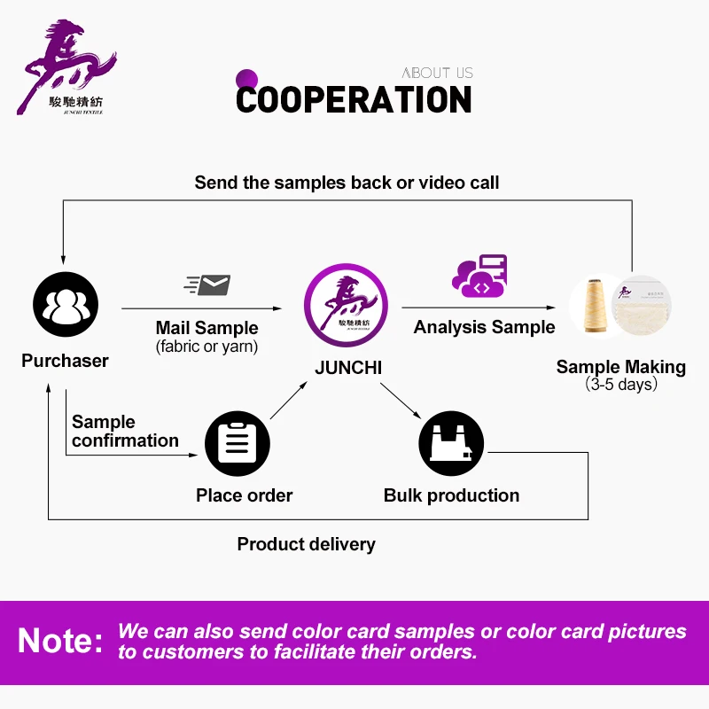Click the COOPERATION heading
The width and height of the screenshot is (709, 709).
[x=354, y=99]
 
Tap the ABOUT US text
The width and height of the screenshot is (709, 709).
[x=437, y=73]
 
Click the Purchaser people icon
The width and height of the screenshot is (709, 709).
[x=65, y=306]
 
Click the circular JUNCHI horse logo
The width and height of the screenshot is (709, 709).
[x=346, y=307]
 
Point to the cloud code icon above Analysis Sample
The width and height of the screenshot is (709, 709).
[x=479, y=277]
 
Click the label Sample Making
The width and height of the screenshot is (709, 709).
[x=620, y=367]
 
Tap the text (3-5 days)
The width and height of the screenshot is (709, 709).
[x=620, y=385]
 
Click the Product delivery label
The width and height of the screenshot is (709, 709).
[x=306, y=544]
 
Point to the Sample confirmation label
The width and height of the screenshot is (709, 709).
[x=125, y=431]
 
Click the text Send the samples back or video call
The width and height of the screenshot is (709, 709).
[x=347, y=183]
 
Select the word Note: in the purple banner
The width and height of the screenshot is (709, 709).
[x=60, y=640]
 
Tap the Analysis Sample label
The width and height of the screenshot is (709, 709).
[x=484, y=327]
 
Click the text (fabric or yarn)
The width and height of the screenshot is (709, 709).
[x=206, y=347]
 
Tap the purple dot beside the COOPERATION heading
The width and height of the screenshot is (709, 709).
[x=246, y=78]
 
